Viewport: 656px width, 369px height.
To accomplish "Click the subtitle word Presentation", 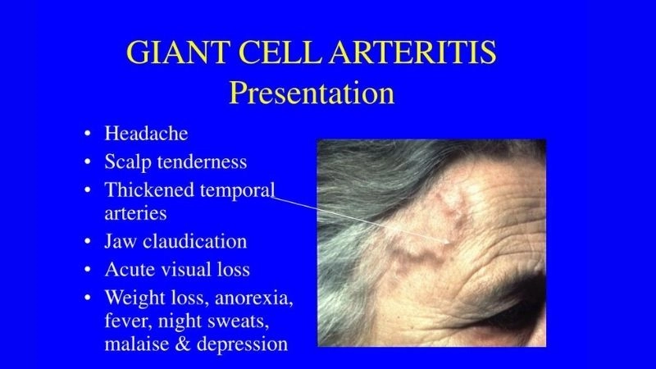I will pyautogui.click(x=312, y=92).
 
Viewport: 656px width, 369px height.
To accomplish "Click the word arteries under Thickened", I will pyautogui.click(x=135, y=212).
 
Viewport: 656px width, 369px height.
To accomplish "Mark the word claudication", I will pyautogui.click(x=194, y=241).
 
